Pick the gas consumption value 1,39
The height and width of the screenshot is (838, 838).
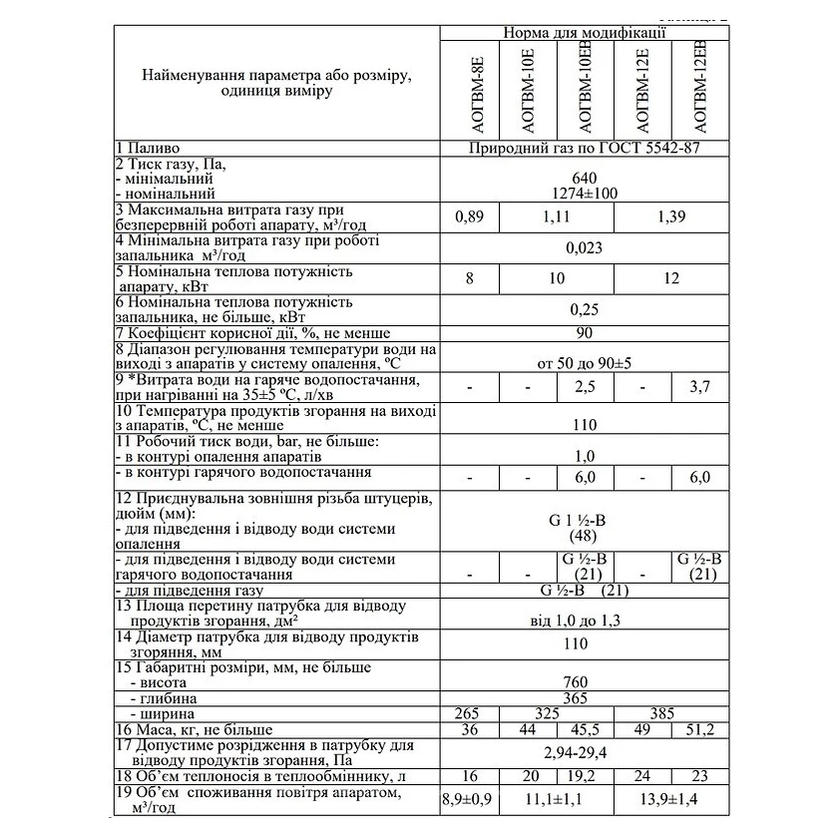[670, 216]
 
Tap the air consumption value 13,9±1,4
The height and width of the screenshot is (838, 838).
[670, 800]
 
